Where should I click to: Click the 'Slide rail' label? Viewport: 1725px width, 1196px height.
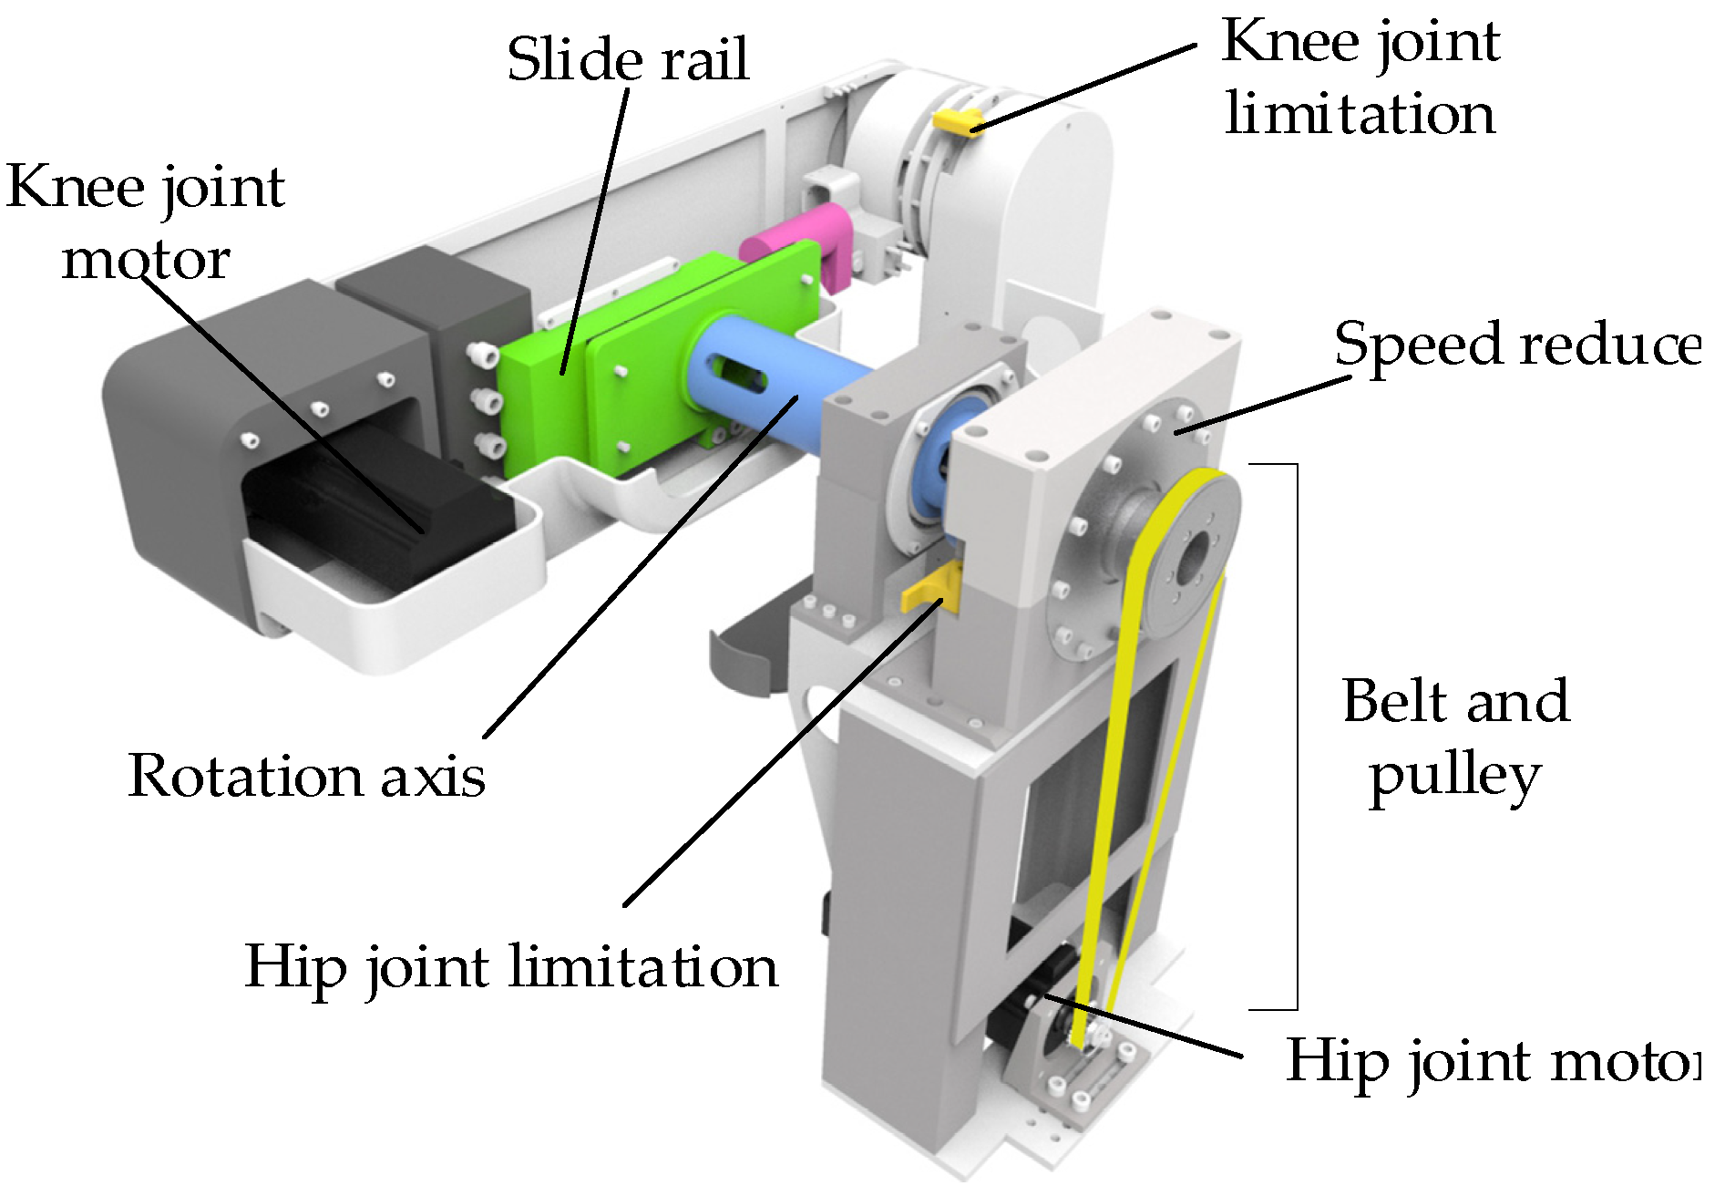(x=628, y=59)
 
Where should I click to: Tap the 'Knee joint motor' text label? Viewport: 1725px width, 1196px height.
(x=146, y=223)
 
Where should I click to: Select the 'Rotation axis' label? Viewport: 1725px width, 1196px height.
(x=307, y=777)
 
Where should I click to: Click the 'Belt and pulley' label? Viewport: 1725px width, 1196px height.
(x=1455, y=738)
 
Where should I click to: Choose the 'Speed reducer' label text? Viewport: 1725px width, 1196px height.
(x=1517, y=345)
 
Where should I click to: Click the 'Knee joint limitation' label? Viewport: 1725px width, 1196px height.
(x=1360, y=78)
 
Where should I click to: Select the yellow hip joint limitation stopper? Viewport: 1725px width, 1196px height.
(x=931, y=589)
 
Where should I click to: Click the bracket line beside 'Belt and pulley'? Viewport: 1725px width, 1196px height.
(x=1296, y=737)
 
